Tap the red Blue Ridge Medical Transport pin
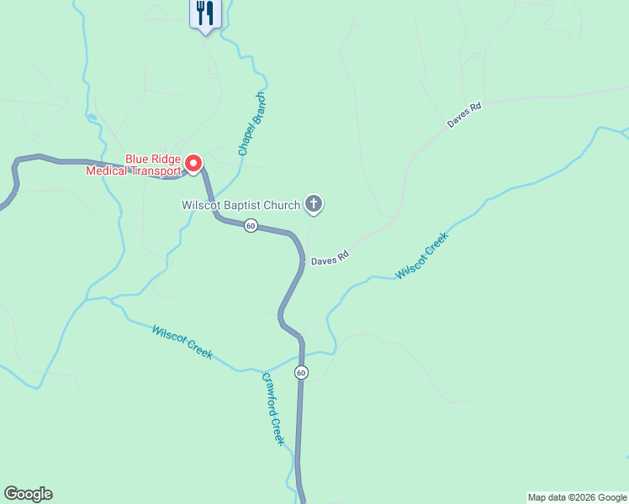click(x=193, y=163)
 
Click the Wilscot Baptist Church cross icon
click(x=314, y=203)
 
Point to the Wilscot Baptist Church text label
click(x=241, y=204)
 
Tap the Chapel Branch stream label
click(x=251, y=123)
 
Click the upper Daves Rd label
click(x=463, y=116)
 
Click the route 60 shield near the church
click(x=251, y=225)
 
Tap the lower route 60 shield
click(x=301, y=372)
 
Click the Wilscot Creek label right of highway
click(x=422, y=255)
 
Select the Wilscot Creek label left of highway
click(x=182, y=342)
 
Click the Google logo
click(x=28, y=494)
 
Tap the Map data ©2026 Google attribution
click(x=577, y=497)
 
